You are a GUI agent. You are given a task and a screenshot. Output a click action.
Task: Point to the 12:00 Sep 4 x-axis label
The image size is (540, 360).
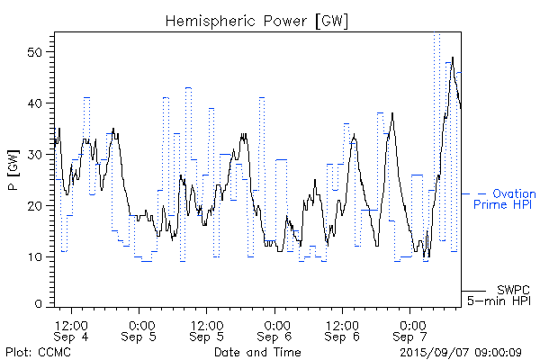point(71,330)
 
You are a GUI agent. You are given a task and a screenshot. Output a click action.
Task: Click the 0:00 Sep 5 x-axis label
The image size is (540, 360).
point(139,330)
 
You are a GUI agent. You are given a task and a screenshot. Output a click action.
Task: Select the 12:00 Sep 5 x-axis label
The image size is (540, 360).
point(207,330)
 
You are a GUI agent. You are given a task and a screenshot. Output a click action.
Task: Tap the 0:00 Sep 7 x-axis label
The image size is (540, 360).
point(411,330)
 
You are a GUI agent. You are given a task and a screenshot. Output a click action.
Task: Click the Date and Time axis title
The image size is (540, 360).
point(257,350)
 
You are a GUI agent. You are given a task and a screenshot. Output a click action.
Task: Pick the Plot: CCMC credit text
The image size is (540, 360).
point(36,350)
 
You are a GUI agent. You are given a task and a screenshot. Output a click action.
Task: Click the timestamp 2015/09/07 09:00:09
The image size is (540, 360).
point(460,350)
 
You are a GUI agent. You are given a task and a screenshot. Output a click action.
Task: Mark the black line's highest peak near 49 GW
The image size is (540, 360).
point(452,58)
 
